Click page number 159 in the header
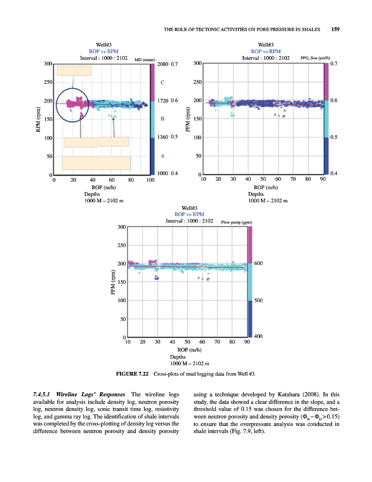pos(335,29)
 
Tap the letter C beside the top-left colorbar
pos(162,82)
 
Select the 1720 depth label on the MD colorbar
pos(162,101)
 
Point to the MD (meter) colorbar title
pos(145,60)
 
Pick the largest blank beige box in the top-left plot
pos(96,162)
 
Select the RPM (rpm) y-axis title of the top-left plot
pos(40,120)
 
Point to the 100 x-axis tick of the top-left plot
pos(150,180)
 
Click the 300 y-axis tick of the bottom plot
pos(121,227)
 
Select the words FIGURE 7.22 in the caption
pos(132,374)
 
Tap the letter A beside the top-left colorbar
pos(162,155)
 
